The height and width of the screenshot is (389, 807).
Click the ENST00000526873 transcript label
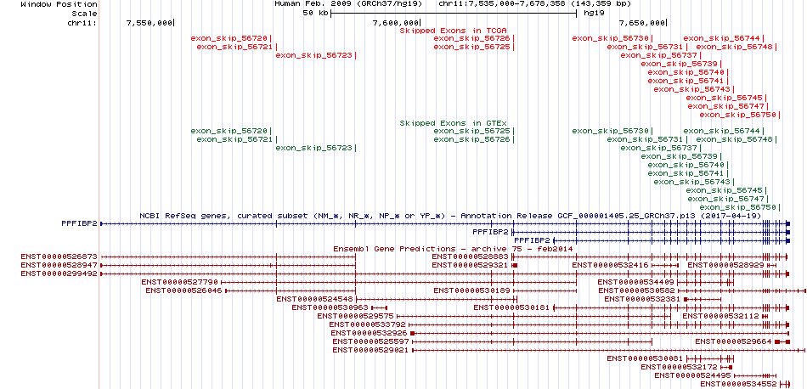(x=59, y=257)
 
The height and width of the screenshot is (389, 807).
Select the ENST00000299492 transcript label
(x=59, y=273)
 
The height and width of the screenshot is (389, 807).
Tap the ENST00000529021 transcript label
(x=370, y=350)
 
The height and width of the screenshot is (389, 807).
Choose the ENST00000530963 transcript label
(x=330, y=307)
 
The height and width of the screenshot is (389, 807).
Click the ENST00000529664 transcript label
(x=733, y=341)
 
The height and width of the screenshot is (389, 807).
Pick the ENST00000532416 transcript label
(x=611, y=264)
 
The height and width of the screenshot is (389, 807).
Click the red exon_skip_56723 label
(x=314, y=55)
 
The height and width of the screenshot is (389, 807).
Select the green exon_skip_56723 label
(x=314, y=148)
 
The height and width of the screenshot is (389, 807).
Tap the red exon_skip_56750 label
(x=737, y=115)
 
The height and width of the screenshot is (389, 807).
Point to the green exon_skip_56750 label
(x=737, y=207)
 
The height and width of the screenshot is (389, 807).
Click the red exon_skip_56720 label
(x=229, y=38)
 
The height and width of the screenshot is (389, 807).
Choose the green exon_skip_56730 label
(x=611, y=131)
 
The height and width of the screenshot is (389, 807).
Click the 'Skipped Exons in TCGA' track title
(x=454, y=31)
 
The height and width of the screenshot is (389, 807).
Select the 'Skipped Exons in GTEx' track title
(x=454, y=123)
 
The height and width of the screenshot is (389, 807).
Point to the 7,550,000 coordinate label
(x=150, y=23)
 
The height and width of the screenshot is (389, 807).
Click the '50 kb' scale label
(x=315, y=14)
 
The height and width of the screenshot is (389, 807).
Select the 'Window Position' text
(x=59, y=4)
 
